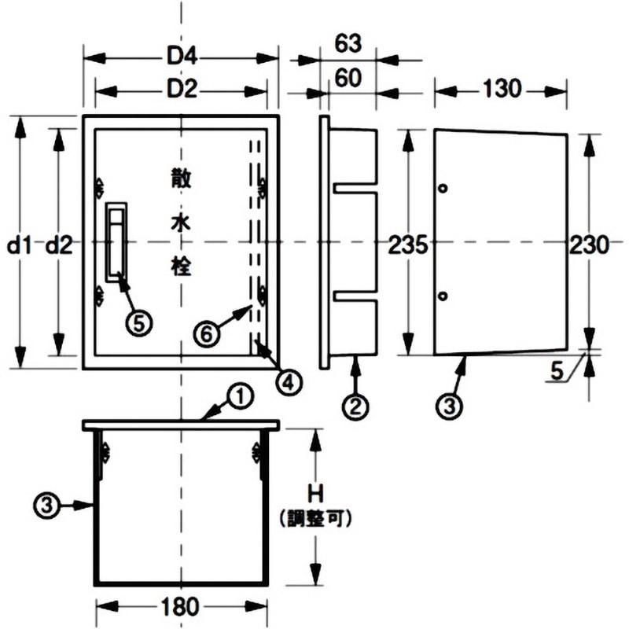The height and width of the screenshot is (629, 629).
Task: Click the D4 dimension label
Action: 180,57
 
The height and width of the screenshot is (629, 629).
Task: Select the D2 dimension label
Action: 180,90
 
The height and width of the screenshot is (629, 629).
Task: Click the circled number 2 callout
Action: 355,406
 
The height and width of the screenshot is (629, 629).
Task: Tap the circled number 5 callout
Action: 140,322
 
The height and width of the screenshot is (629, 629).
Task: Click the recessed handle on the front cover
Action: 116,241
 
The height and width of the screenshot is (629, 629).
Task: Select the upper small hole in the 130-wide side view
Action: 443,189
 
